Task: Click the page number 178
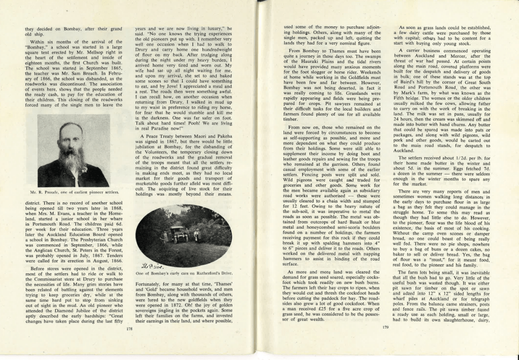pyautogui.click(x=128, y=328)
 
